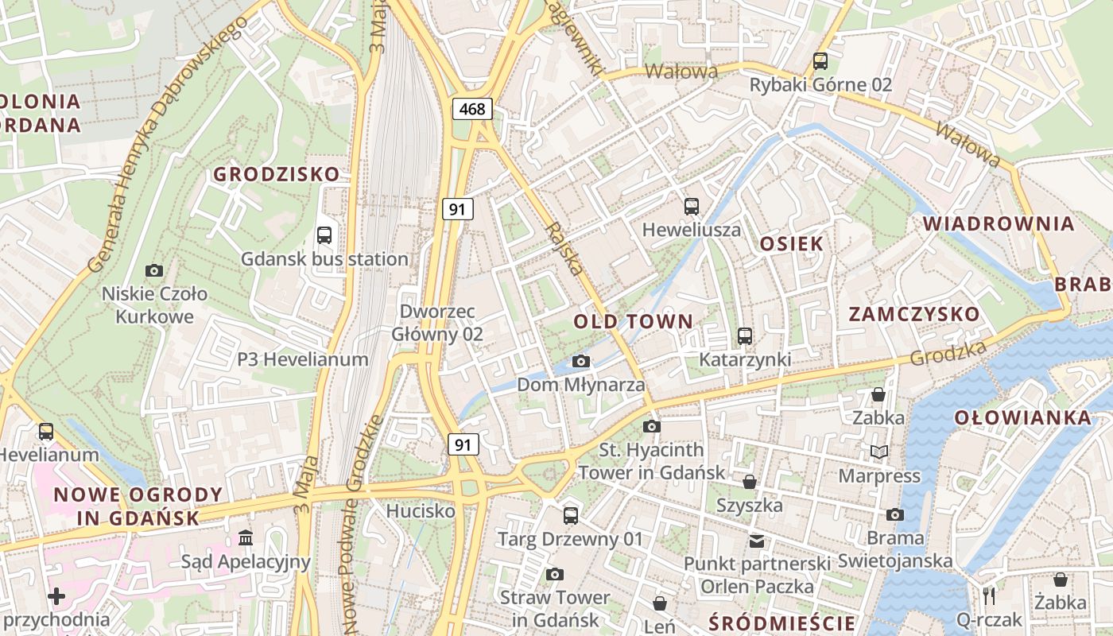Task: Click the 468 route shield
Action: point(472,109)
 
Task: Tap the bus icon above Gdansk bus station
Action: point(324,235)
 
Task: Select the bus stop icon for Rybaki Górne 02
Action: point(820,60)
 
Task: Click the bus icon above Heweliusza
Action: point(692,207)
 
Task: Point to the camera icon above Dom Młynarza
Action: point(581,362)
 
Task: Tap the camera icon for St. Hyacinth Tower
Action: point(652,426)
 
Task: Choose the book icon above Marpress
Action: point(878,452)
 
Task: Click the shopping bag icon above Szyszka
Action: point(749,482)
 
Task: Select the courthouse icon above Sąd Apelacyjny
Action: point(246,538)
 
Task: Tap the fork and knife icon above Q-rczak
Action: point(989,595)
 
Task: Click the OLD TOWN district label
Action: point(634,321)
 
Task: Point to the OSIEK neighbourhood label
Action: point(791,243)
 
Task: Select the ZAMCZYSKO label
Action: point(914,314)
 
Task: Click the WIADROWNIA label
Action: point(999,223)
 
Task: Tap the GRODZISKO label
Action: point(277,173)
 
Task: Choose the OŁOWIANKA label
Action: point(1022,417)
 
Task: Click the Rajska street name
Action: point(565,249)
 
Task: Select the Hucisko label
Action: point(421,510)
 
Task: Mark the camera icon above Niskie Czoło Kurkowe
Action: point(154,271)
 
